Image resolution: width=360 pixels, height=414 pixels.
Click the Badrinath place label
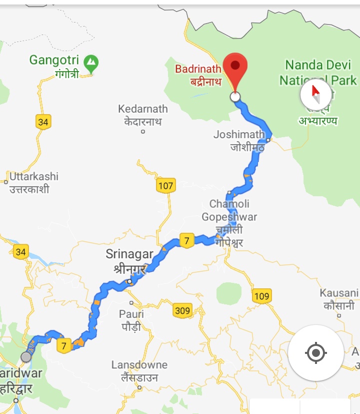(198, 75)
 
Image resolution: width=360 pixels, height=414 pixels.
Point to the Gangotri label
(54, 66)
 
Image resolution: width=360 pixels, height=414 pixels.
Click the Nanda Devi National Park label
(318, 73)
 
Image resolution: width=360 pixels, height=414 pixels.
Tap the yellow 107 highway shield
(165, 186)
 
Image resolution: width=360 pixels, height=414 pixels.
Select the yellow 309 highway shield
(182, 311)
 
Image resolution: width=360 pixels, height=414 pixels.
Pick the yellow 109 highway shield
(261, 296)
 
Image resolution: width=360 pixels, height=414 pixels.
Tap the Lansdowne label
(139, 370)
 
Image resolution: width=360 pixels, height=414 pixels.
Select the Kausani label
(339, 299)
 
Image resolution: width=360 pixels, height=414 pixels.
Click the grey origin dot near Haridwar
(26, 357)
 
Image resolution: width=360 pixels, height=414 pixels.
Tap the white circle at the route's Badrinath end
(235, 97)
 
